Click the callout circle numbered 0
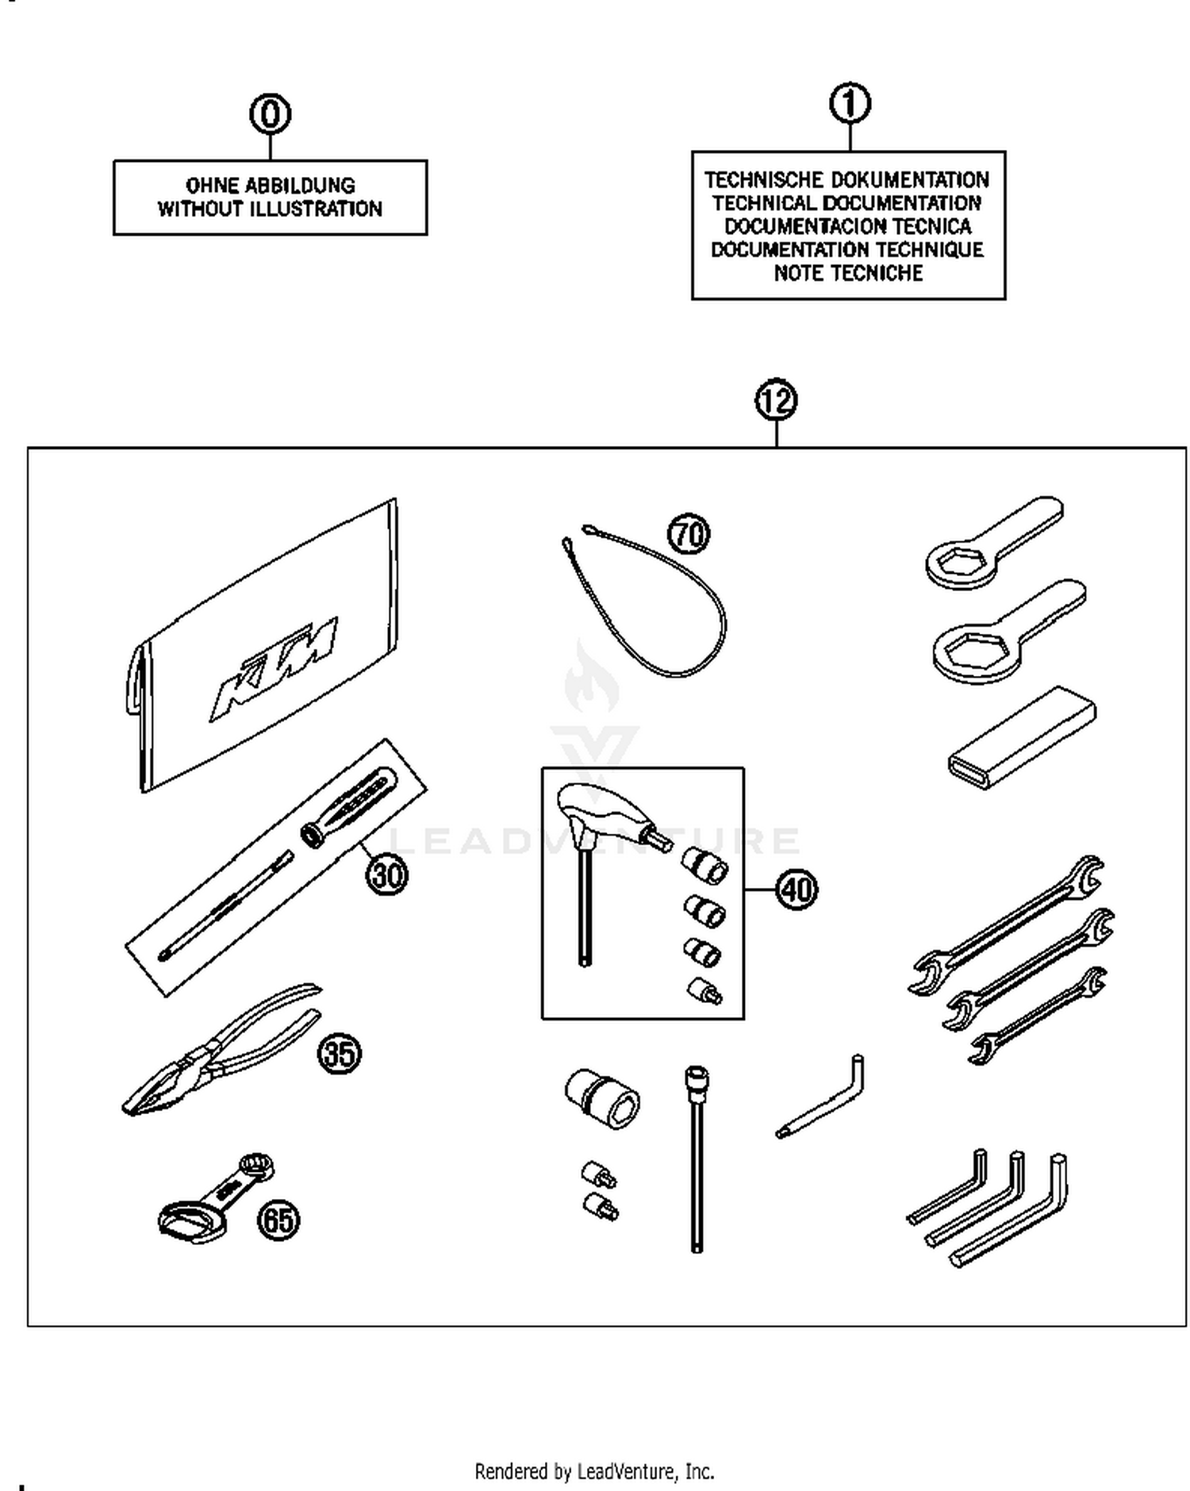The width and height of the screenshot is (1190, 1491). pyautogui.click(x=271, y=114)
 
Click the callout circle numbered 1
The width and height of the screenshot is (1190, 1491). pyautogui.click(x=850, y=104)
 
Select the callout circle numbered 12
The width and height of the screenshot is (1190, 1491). pyautogui.click(x=776, y=400)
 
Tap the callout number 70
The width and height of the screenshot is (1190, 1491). pyautogui.click(x=689, y=534)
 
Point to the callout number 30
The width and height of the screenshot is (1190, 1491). pyautogui.click(x=387, y=875)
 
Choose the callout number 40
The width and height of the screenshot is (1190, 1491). pyautogui.click(x=796, y=890)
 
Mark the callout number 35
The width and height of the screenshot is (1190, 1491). pyautogui.click(x=340, y=1054)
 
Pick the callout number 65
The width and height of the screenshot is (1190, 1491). pyautogui.click(x=278, y=1220)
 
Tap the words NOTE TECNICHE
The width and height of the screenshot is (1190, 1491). pyautogui.click(x=848, y=274)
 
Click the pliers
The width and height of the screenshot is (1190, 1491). pyautogui.click(x=214, y=1051)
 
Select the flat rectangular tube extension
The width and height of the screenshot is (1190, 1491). pyautogui.click(x=1022, y=738)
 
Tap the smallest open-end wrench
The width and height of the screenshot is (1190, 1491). pyautogui.click(x=1036, y=1016)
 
